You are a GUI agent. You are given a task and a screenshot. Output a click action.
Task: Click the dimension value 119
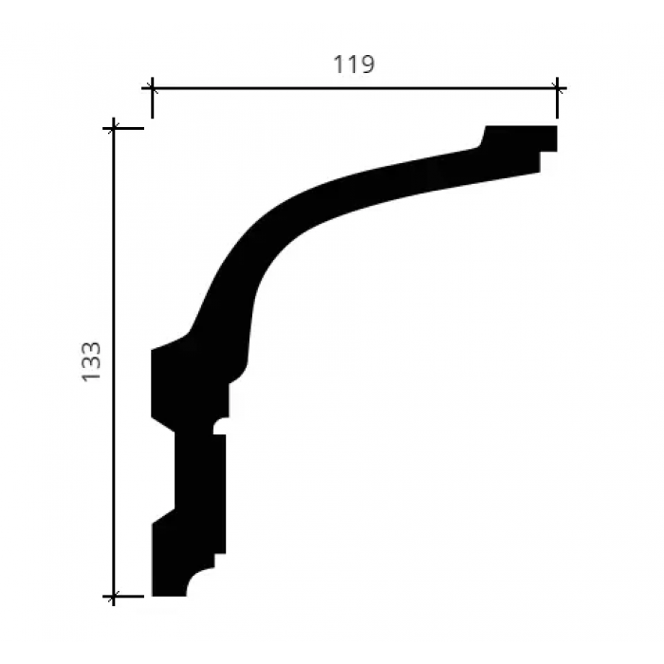[x=354, y=65]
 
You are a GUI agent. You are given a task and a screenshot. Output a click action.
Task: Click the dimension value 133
[x=91, y=362]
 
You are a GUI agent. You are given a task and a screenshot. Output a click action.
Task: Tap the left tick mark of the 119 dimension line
[x=152, y=98]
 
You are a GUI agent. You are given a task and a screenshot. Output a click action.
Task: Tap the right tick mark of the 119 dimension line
[x=557, y=98]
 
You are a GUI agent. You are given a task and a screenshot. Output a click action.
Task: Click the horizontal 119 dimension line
[x=355, y=88]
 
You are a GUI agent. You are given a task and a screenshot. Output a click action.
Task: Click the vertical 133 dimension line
[x=114, y=362]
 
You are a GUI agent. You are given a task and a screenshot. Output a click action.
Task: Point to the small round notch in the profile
[x=220, y=426]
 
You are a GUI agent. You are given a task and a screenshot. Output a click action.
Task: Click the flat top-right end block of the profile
[x=521, y=138]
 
